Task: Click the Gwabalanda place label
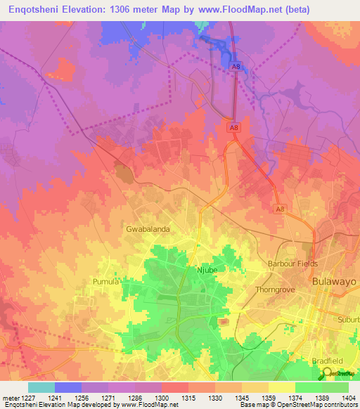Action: (148, 229)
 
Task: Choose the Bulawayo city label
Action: (334, 281)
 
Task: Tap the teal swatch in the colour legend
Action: (41, 387)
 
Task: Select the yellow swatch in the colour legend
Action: (281, 387)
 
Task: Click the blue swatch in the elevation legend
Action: (67, 387)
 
